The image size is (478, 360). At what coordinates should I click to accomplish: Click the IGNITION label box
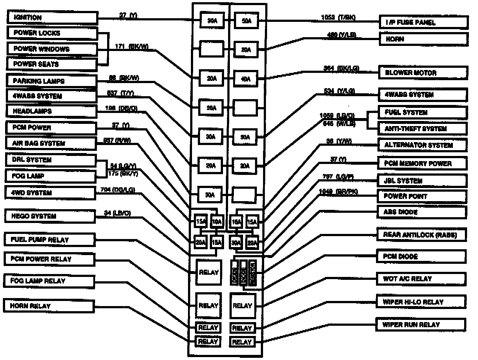[52, 17]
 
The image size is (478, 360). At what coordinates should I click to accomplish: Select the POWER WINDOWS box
[52, 49]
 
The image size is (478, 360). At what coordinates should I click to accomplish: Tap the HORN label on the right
[423, 39]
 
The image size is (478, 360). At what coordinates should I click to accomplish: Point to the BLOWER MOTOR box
[423, 73]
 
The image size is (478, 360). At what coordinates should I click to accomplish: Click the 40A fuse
[246, 79]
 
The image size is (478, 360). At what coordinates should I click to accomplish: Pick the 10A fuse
[217, 221]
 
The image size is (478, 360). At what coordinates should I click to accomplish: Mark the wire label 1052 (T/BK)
[338, 17]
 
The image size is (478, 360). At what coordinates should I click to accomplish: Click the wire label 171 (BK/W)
[132, 47]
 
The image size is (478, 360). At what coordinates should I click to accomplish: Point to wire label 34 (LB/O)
[117, 213]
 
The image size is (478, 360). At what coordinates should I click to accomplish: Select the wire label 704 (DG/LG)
[118, 189]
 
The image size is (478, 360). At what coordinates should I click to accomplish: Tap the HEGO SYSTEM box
[50, 216]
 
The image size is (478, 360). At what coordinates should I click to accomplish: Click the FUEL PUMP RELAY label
[50, 240]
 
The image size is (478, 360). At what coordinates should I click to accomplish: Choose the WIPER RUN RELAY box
[421, 324]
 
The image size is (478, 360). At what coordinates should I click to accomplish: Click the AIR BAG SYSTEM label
[51, 143]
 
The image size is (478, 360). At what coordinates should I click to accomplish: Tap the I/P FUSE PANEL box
[423, 22]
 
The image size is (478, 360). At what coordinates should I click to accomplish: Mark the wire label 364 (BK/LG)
[341, 68]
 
